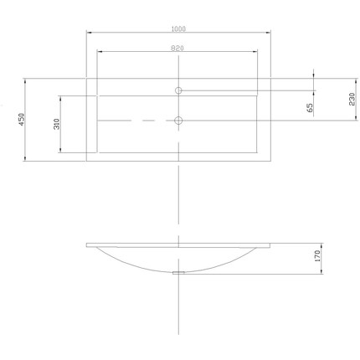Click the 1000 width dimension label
click(178, 28)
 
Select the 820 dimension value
click(177, 49)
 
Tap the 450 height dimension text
click(22, 119)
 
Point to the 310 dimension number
click(57, 124)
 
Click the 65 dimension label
click(310, 108)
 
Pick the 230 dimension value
click(352, 99)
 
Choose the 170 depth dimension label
click(317, 256)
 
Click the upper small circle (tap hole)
click(178, 90)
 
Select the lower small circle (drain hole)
click(178, 121)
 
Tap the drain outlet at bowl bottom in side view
click(178, 272)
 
